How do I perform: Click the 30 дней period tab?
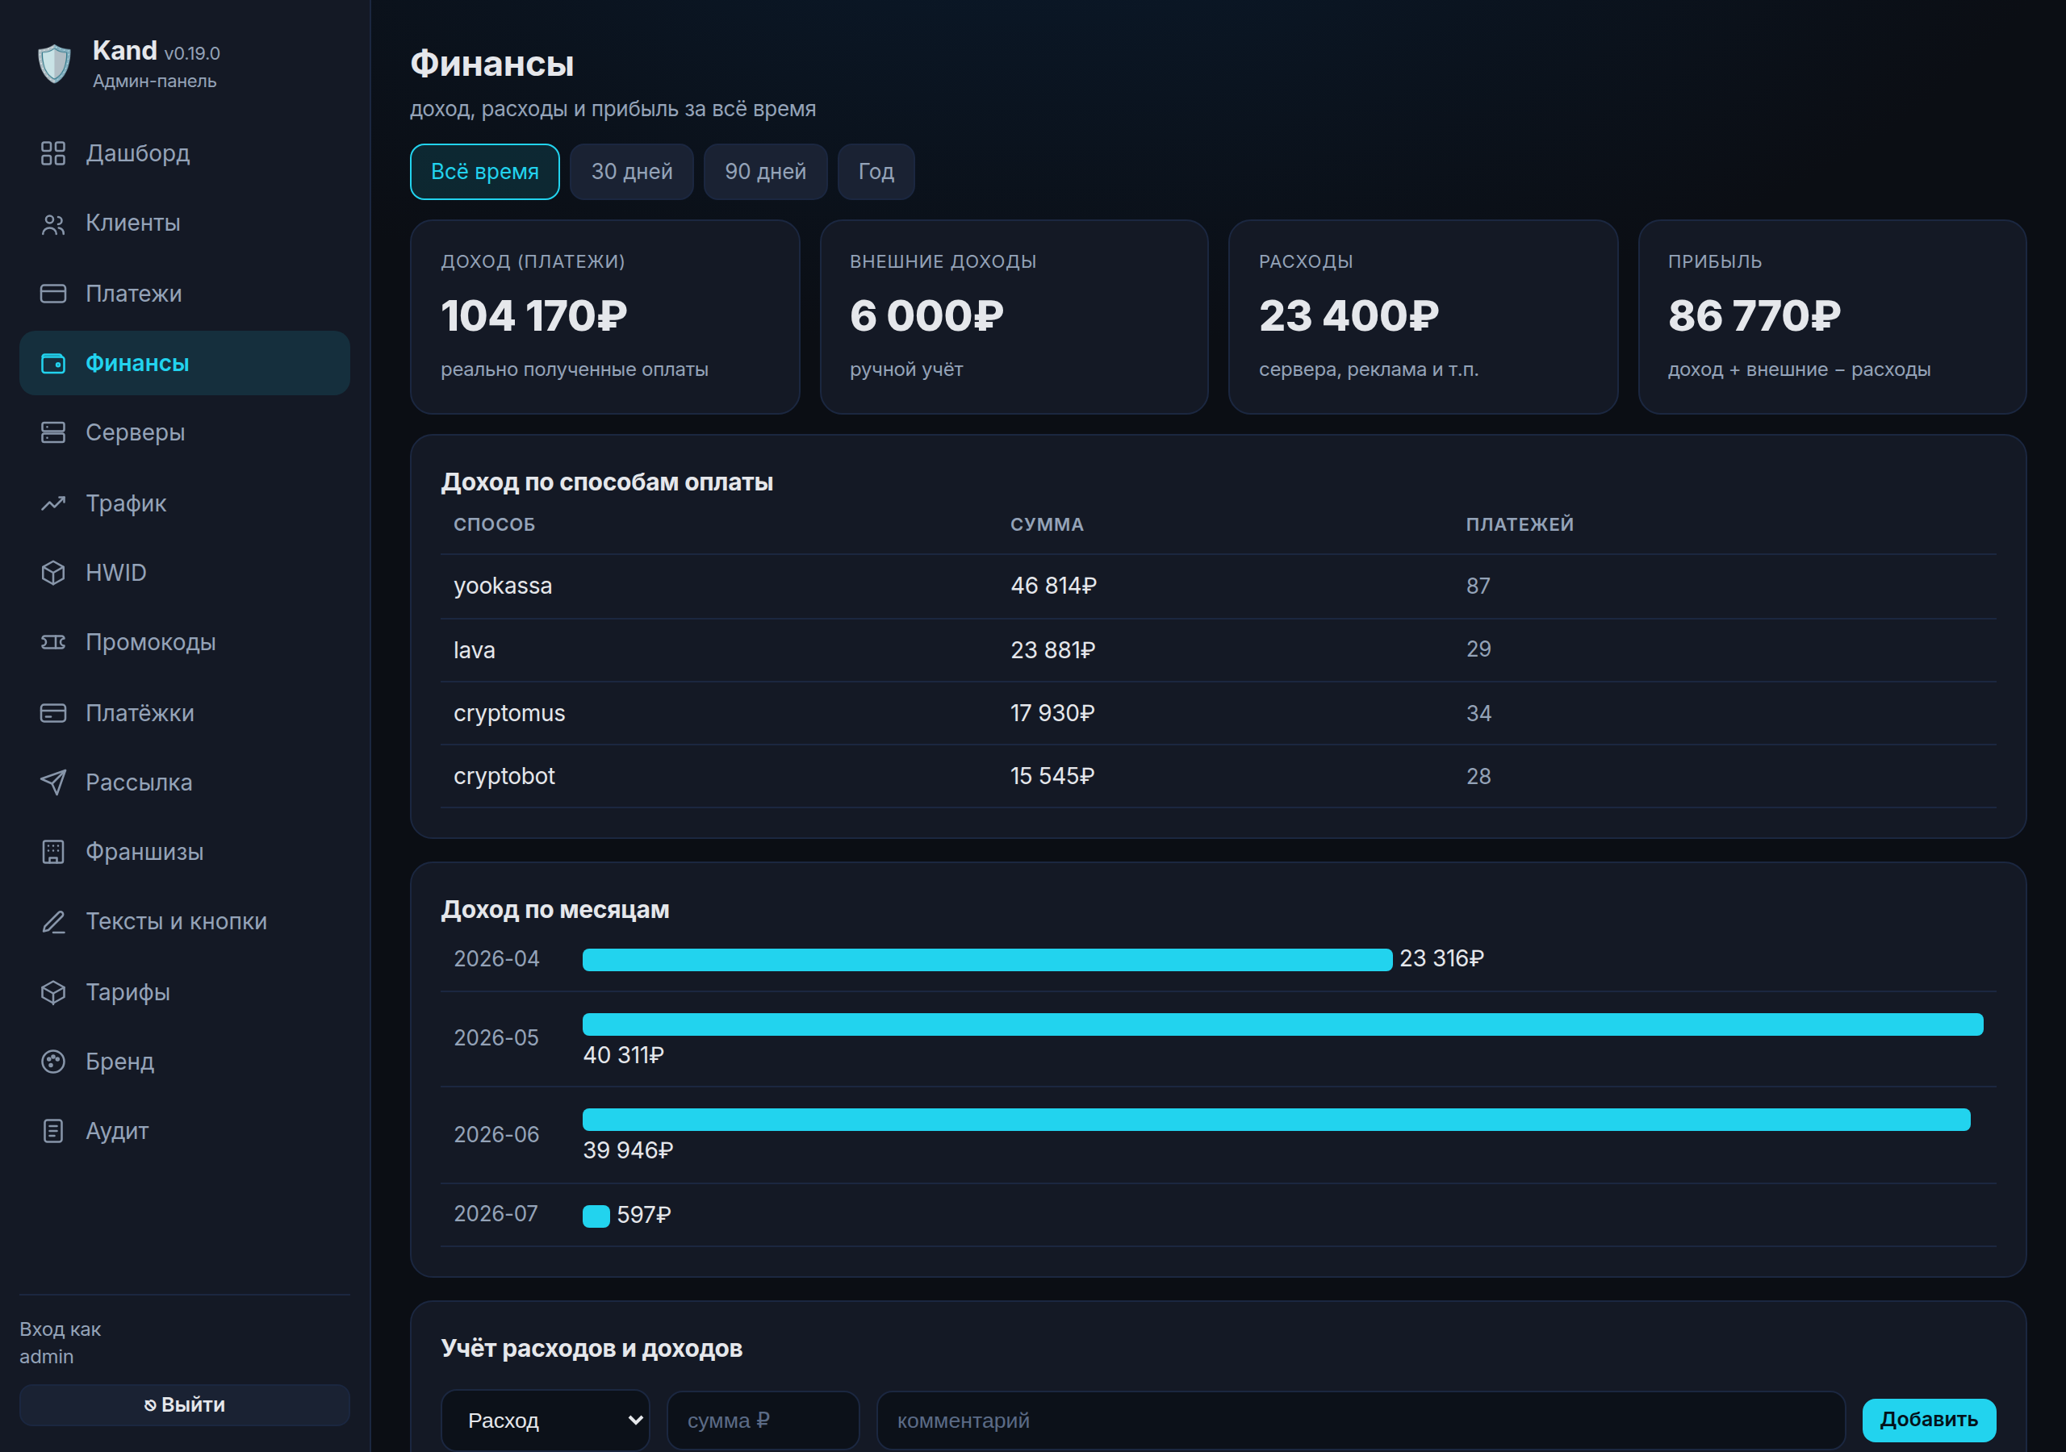coord(632,171)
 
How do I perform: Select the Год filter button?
coord(876,171)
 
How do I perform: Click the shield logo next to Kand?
coord(55,64)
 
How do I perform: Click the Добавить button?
coord(1928,1420)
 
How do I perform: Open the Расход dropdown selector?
coord(546,1421)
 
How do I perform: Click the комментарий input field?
coord(1361,1421)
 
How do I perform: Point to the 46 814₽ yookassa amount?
coord(1054,586)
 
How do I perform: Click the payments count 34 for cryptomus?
coord(1478,713)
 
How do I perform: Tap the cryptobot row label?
coord(504,775)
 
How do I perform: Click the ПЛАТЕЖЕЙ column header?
coord(1520,524)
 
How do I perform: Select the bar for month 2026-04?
coord(987,960)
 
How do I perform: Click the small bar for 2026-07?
coord(596,1216)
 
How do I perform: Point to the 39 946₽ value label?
coord(628,1149)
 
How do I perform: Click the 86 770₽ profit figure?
coord(1754,315)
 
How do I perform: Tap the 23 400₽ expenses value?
coord(1349,315)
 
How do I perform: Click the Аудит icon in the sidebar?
coord(53,1131)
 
